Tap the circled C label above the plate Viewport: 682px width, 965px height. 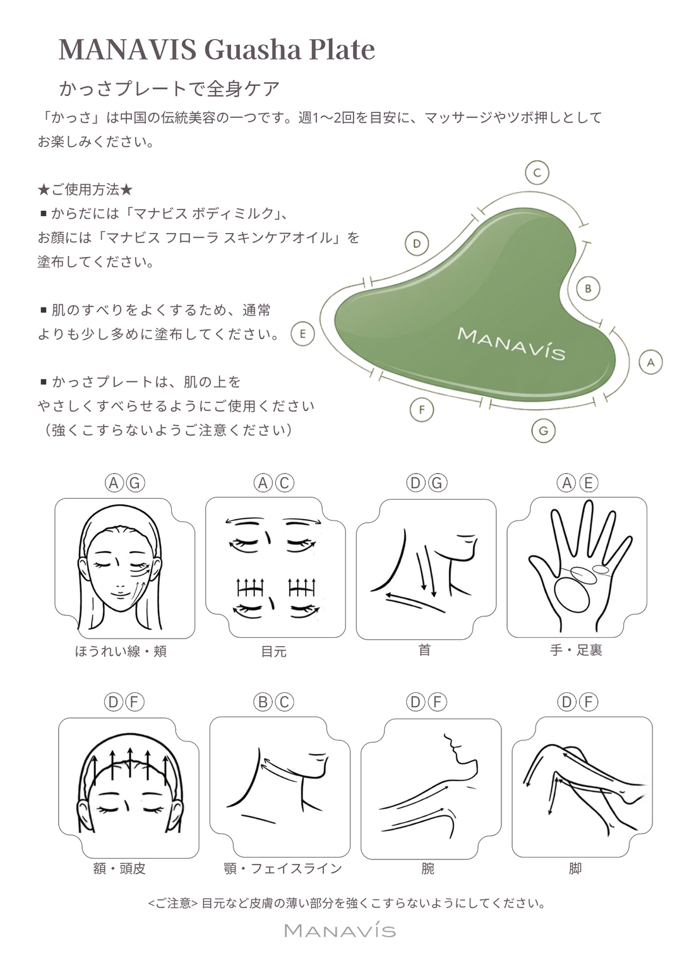[x=537, y=172]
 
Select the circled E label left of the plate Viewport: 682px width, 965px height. [x=302, y=333]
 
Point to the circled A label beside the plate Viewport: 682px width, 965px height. [x=650, y=363]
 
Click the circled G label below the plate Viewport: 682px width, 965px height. [x=543, y=431]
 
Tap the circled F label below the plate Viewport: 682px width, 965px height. [x=421, y=410]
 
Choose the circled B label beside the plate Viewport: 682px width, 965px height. [x=588, y=289]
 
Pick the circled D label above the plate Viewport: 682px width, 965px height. [x=416, y=243]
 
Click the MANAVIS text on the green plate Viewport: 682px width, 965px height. [x=511, y=344]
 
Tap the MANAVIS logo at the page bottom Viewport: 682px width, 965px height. [x=340, y=930]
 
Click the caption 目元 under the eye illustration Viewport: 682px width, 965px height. [x=274, y=651]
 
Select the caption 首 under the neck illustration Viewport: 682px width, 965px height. [x=424, y=650]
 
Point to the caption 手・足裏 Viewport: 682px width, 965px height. [x=576, y=650]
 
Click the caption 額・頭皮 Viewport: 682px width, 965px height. [x=119, y=868]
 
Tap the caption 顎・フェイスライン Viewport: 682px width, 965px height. [x=283, y=868]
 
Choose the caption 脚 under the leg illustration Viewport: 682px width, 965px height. [x=575, y=868]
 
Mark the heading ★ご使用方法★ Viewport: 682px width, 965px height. [x=85, y=189]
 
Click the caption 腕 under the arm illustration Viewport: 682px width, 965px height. [x=428, y=868]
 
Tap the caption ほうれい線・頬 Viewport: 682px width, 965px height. [x=121, y=651]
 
